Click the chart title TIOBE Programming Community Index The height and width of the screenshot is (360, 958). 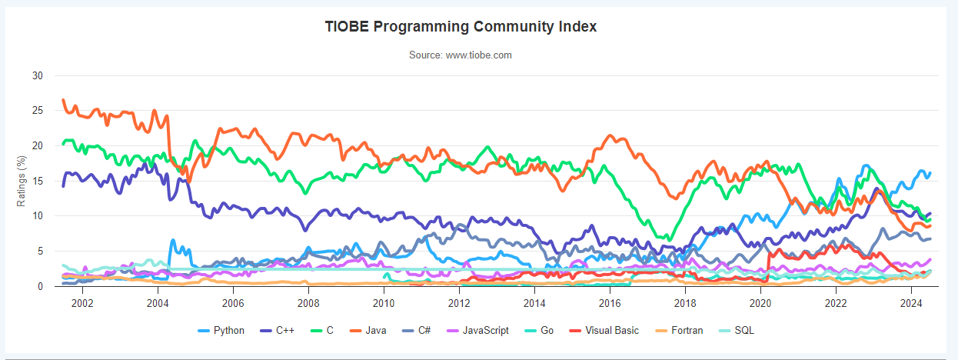(x=461, y=27)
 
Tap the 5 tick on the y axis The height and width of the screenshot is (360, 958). (x=40, y=252)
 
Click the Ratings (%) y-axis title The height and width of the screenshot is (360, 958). (x=22, y=181)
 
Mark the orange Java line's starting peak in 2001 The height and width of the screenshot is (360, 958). (x=63, y=100)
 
